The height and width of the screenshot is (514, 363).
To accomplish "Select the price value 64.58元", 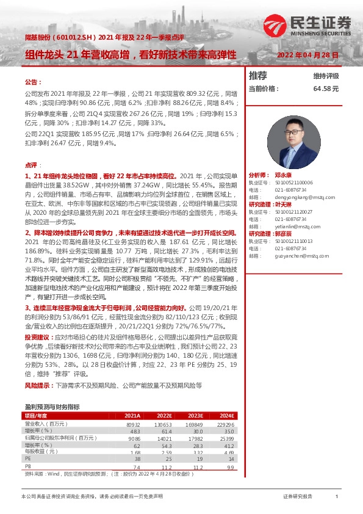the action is point(325,89).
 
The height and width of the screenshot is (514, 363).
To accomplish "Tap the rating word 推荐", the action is point(258,76).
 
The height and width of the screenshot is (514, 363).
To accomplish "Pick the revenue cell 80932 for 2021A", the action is point(132,424).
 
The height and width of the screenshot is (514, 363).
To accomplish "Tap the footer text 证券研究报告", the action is point(298,497).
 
